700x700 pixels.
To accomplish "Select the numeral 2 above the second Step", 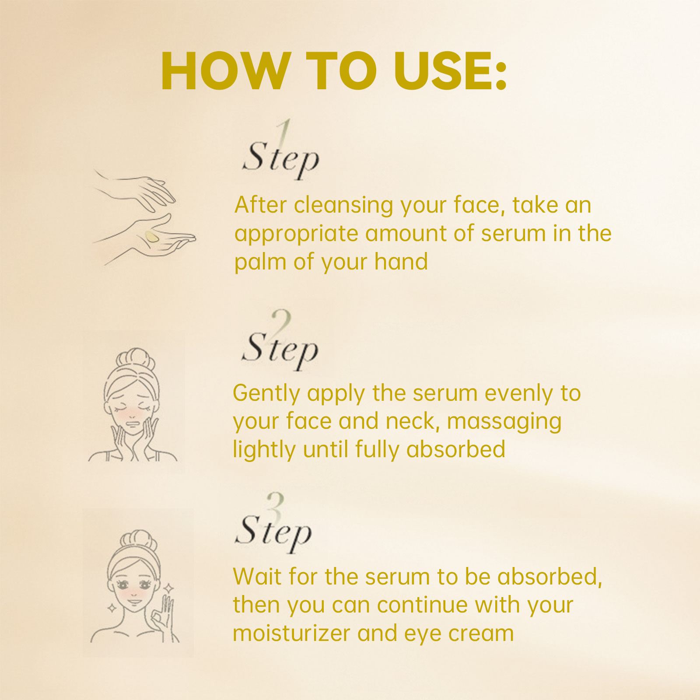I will (x=281, y=322).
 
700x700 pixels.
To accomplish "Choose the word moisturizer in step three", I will (x=291, y=633).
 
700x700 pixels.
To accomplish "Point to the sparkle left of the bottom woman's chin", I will (x=112, y=608).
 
